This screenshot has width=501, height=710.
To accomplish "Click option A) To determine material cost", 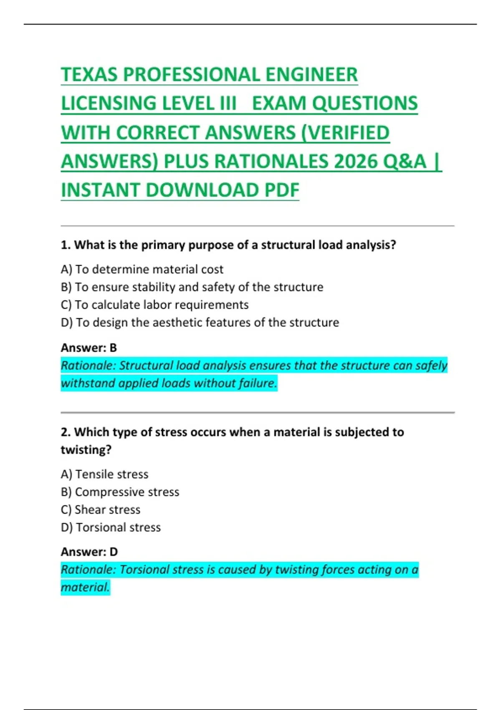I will point(142,269).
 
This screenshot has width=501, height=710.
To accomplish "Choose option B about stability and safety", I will point(192,287).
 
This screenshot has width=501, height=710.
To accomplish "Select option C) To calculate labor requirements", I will point(154,305).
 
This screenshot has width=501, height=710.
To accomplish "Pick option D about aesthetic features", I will point(200,322).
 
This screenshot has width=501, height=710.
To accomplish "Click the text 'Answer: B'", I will point(89,347).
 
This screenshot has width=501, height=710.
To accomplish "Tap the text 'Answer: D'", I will point(89,552).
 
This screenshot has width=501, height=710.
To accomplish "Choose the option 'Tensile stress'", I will point(104,474).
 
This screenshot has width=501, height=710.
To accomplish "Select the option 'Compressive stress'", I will point(120,492).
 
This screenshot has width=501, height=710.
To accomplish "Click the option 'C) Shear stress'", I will point(100,510).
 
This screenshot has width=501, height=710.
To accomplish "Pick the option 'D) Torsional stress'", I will point(111,527).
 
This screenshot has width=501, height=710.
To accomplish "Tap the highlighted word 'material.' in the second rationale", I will point(85,587).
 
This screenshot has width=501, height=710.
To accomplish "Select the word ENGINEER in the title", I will point(311,75).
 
